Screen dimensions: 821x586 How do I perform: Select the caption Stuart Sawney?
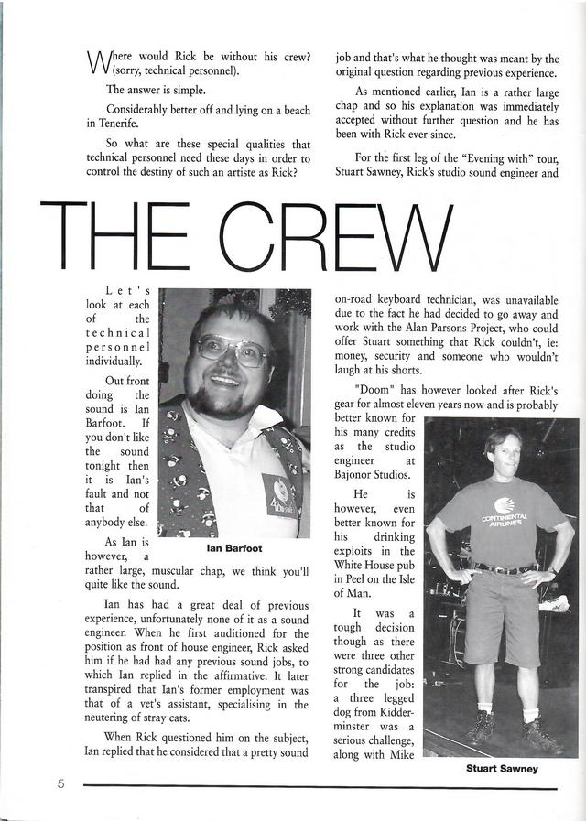pyautogui.click(x=502, y=769)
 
